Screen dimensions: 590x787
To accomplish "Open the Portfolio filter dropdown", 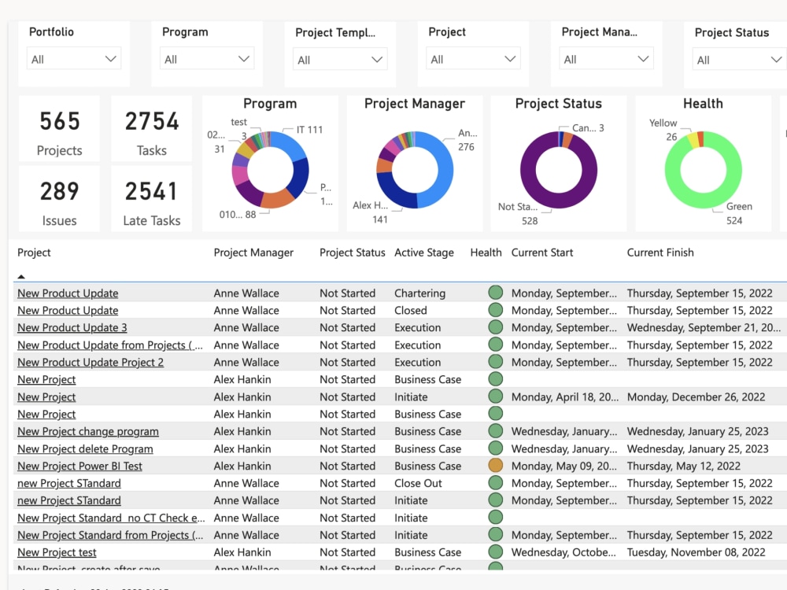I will coord(74,59).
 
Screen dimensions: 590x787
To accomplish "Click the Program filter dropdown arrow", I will coord(244,59).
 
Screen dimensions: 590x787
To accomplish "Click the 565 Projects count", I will coord(60,121).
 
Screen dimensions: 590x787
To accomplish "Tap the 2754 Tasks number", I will coord(152,121).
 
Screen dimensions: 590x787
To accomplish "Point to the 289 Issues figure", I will coord(60,191).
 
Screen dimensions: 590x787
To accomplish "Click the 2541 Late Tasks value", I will coord(152,191).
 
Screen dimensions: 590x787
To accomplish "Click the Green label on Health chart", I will coord(739,207).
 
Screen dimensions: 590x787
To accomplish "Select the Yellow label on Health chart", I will coord(663,124).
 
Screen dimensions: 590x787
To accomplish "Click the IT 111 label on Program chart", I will coord(309,130).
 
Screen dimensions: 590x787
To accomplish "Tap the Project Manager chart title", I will coord(415,104).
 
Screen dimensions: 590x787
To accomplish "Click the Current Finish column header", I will coord(660,253).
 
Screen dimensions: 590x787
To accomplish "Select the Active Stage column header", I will coord(424,253).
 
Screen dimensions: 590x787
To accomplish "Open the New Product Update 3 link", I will coord(72,328).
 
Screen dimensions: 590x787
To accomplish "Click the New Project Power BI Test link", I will coord(80,466).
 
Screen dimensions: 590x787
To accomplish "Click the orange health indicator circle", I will coord(495,466).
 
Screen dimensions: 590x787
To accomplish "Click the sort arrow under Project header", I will coord(21,276).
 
